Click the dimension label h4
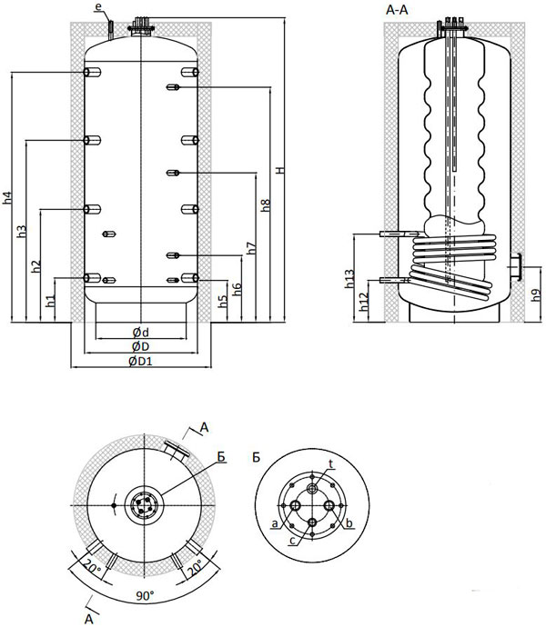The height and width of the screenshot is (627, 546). click(8, 198)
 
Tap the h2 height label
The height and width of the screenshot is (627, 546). click(36, 266)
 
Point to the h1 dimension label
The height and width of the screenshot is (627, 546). click(50, 301)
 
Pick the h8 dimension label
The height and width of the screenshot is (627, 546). click(266, 205)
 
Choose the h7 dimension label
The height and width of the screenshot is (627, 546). click(251, 248)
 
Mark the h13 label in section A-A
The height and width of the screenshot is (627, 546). click(349, 279)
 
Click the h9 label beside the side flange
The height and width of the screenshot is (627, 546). click(536, 295)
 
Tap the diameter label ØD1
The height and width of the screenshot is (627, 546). click(141, 361)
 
